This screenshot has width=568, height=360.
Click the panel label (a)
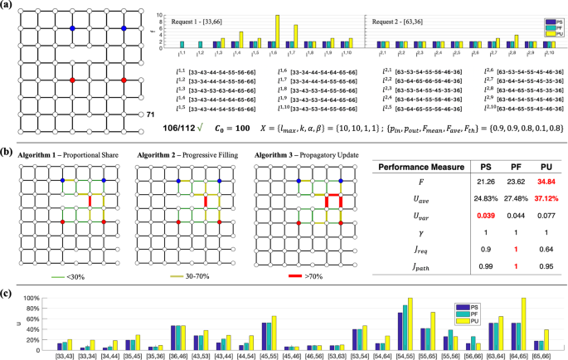click(7, 7)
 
